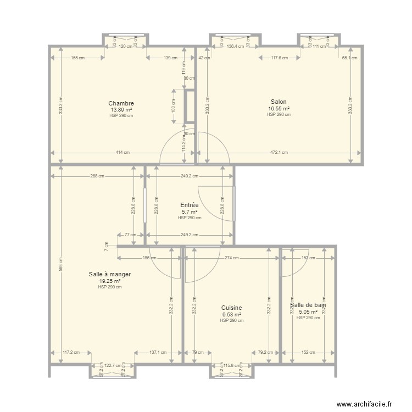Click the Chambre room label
pos(121,103)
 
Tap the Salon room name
pos(279,102)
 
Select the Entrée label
pos(189,205)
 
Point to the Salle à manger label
pos(110,274)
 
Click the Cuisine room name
pos(231,308)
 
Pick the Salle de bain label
pos(308,305)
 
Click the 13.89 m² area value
pos(121,109)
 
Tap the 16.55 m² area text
pos(279,108)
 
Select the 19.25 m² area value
pos(110,281)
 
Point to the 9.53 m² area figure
pos(231,315)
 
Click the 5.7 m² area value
pos(189,211)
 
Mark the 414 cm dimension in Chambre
pos(123,153)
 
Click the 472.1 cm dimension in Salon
pos(279,153)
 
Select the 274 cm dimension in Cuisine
pos(231,258)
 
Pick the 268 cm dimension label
pos(98,176)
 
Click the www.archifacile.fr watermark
pos(364,403)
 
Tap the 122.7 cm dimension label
pos(114,365)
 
